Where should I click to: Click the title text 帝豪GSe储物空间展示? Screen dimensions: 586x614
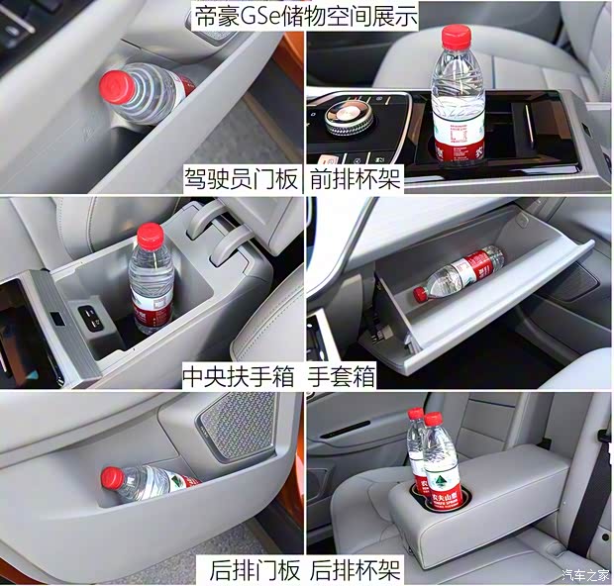(306, 15)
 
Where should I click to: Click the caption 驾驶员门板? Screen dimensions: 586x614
(241, 179)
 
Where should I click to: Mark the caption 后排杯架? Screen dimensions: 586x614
(356, 571)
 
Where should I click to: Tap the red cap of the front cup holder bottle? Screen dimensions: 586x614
(455, 37)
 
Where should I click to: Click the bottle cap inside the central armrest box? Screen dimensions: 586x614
(150, 235)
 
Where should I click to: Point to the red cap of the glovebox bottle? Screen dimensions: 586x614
(421, 293)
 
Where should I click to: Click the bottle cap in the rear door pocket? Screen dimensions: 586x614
(112, 479)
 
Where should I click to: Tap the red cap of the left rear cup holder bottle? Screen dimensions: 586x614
(416, 415)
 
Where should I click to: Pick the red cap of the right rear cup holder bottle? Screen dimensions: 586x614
(433, 419)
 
